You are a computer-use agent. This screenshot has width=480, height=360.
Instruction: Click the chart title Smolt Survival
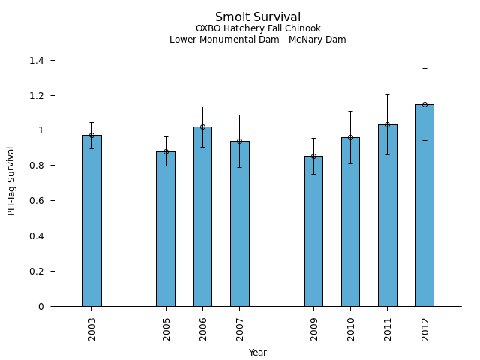point(258,17)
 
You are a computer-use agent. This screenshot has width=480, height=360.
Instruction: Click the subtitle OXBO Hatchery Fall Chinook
point(258,29)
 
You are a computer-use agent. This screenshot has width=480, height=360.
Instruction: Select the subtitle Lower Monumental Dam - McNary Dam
point(258,40)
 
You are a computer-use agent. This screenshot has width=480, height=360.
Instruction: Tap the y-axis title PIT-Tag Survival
point(12,181)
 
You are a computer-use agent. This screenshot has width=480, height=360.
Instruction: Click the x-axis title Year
point(258,352)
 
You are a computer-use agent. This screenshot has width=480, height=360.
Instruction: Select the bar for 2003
point(92,220)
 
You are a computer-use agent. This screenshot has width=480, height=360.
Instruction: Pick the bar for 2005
point(166,229)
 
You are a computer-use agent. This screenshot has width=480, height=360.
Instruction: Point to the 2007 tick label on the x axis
point(240,328)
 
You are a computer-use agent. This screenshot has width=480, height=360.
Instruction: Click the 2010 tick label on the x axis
point(351,328)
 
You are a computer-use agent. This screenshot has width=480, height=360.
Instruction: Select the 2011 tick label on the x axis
point(388,328)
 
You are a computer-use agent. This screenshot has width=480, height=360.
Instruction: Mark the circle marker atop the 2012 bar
point(424,104)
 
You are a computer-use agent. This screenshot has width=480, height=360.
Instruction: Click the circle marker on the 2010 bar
point(350,137)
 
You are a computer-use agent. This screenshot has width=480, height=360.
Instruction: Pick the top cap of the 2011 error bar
point(387,94)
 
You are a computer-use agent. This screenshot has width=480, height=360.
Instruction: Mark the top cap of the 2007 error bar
point(239,115)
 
